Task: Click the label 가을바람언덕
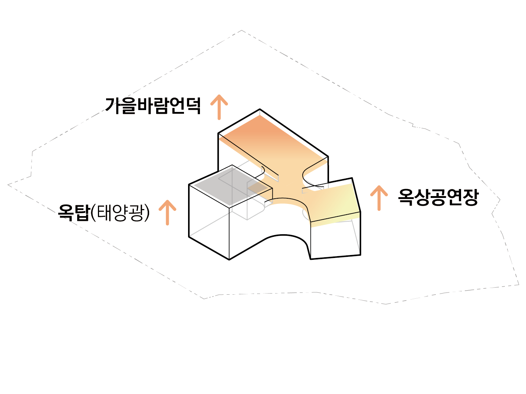[x=153, y=106]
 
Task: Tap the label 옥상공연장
[x=438, y=197]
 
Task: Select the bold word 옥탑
[x=74, y=212]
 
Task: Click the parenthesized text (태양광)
[x=120, y=212]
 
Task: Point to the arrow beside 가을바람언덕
[x=219, y=107]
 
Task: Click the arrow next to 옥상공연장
[x=379, y=198]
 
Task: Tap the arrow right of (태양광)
[x=167, y=212]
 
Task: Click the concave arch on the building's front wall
[x=284, y=237]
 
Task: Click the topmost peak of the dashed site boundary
[x=242, y=30]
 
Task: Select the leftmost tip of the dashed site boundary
[x=8, y=185]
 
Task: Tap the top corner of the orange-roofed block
[x=259, y=109]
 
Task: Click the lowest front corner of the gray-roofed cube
[x=229, y=259]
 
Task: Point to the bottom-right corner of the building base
[x=360, y=255]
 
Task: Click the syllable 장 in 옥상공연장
[x=470, y=197]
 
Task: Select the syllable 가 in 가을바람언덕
[x=113, y=106]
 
